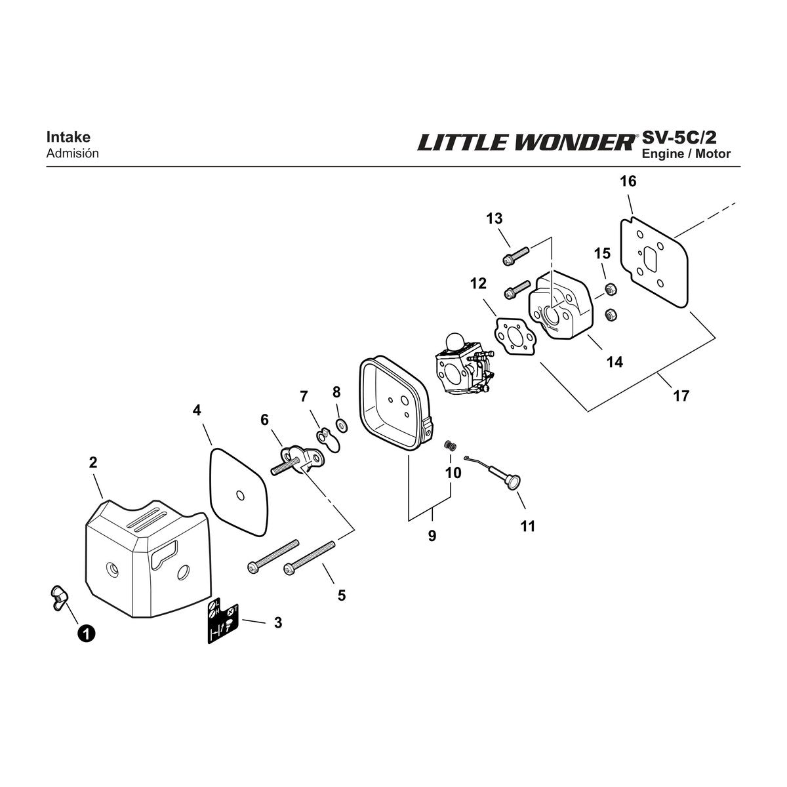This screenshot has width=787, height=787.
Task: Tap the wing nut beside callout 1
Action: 59,598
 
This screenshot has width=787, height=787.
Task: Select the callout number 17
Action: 681,395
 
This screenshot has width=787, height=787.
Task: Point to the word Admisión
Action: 73,153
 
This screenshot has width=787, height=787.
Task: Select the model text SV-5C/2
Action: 679,137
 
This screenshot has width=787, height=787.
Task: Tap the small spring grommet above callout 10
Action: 450,445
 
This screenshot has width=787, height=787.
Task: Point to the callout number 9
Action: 432,535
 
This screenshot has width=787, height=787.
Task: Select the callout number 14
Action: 615,362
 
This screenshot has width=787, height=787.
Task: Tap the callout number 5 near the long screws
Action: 342,595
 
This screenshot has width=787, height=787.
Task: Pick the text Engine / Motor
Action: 686,154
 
